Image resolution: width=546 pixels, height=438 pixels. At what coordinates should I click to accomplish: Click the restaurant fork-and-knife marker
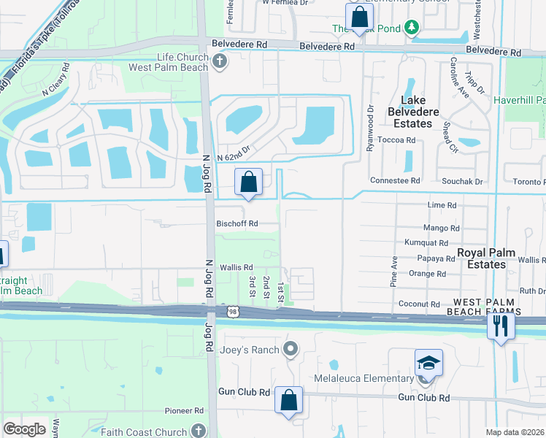501,325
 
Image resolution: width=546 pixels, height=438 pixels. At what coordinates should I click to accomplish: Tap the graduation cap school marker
428,362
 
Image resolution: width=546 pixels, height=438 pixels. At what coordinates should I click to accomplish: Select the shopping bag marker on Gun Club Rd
289,400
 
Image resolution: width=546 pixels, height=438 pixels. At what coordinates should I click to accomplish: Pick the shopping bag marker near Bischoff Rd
248,182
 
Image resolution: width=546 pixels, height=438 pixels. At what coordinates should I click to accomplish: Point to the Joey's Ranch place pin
291,350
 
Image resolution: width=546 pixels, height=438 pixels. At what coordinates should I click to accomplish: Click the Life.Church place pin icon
218,62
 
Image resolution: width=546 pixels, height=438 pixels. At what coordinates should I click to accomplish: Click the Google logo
24,429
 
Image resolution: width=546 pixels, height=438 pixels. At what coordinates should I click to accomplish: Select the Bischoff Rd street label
237,224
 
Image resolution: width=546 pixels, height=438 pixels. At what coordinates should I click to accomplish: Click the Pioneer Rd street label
182,411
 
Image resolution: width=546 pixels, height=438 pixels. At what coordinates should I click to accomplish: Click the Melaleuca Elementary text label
363,378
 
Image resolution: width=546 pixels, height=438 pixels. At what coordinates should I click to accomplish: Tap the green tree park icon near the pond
412,27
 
